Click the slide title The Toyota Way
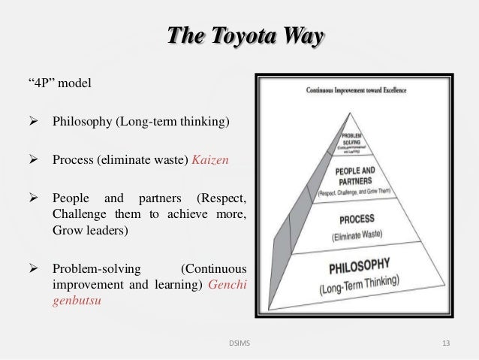[239, 36]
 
